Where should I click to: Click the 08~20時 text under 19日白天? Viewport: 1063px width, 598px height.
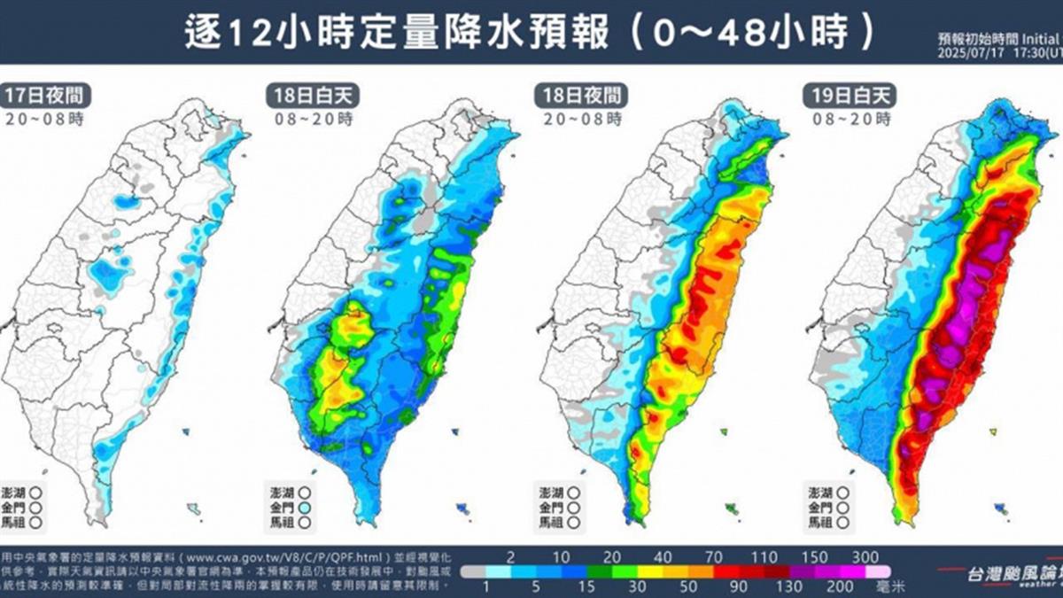point(849,118)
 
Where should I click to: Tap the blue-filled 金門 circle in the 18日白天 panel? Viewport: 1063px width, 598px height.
point(305,507)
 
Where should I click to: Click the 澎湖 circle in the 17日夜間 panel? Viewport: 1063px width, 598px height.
point(35,492)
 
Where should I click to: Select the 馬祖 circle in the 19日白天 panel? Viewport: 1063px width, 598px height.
point(843,522)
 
